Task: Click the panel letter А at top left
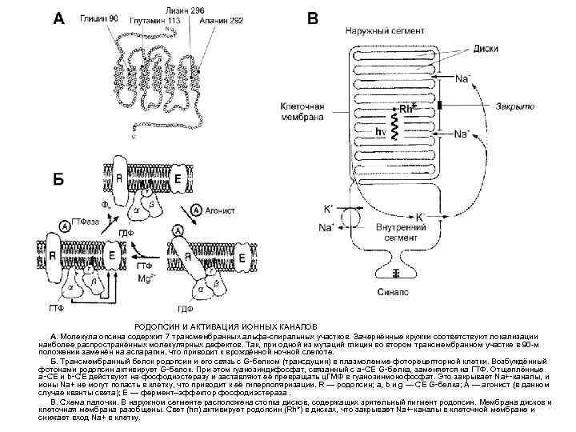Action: pos(58,18)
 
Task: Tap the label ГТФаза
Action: pos(85,221)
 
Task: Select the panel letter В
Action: pos(313,18)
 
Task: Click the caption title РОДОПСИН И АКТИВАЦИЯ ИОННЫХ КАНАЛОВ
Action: pos(226,328)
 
